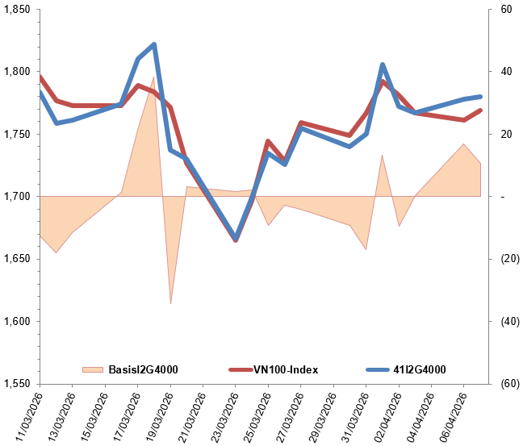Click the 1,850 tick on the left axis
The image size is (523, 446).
tap(16, 10)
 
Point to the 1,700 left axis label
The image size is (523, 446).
tap(16, 196)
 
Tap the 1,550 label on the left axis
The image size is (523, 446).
tap(16, 383)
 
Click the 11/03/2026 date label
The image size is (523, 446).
tap(24, 415)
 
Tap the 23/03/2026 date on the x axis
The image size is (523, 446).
tap(220, 415)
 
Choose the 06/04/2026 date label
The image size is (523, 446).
tap(448, 415)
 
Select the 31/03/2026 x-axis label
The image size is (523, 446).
tap(350, 415)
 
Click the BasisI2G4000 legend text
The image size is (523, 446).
tap(142, 369)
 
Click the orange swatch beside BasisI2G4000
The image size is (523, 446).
tap(94, 369)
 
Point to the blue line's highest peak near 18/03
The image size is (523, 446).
tap(154, 44)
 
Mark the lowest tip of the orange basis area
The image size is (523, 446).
tap(170, 304)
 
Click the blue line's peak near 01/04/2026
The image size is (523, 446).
tap(382, 64)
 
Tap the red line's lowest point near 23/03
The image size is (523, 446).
tap(236, 240)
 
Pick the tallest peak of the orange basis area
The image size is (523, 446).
tap(154, 77)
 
